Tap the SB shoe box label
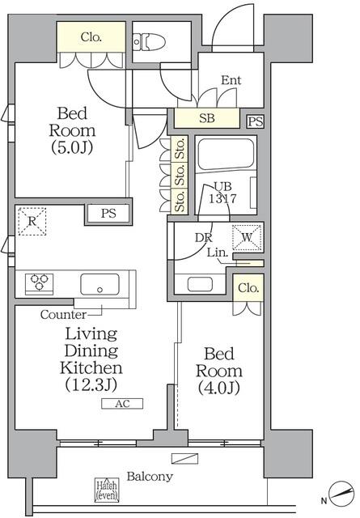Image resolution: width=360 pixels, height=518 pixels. click(x=206, y=118)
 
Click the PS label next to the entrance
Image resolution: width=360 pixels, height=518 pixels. click(x=256, y=121)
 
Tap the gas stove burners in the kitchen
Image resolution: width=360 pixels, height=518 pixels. click(x=40, y=283)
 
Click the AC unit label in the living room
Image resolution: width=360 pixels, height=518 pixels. click(x=121, y=403)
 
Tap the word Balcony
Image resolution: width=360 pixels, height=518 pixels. click(x=149, y=477)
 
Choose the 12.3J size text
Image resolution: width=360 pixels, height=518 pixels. click(x=91, y=386)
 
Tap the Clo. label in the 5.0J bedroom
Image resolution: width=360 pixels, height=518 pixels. click(x=91, y=36)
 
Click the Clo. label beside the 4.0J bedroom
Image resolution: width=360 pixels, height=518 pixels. click(x=248, y=288)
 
